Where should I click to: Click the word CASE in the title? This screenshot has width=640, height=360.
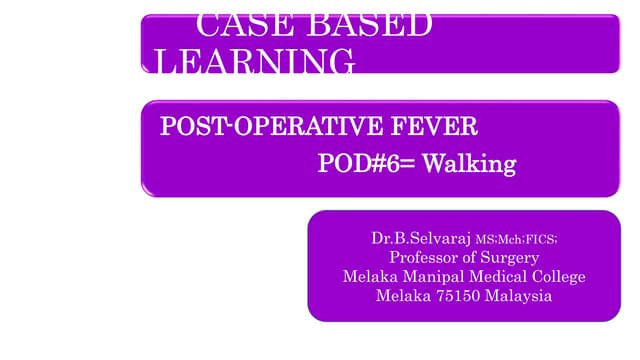[x=240, y=25]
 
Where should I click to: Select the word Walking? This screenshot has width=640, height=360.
[x=468, y=163]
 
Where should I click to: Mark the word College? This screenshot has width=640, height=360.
[x=556, y=277]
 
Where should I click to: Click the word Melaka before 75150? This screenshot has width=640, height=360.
[x=402, y=296]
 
